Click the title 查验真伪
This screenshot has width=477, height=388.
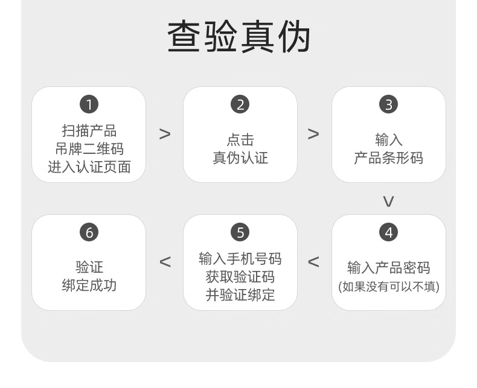point(238,38)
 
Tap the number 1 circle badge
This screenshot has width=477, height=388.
point(89,104)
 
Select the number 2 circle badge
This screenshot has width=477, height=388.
point(240,104)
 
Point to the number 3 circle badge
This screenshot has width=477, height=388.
point(388,104)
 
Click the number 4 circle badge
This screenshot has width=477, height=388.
point(388,232)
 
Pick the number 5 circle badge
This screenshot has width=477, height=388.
point(240,232)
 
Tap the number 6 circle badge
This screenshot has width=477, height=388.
point(89,232)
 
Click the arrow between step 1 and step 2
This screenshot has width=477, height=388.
point(164,134)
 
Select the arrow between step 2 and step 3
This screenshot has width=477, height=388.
point(313,134)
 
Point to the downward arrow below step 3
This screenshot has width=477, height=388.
point(388,201)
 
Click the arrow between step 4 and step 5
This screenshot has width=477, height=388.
point(313,262)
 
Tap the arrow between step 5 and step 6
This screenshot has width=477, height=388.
point(165,262)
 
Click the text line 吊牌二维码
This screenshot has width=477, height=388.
point(89,149)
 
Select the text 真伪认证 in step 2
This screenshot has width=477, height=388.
point(240,158)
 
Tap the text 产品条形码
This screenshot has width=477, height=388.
point(388,158)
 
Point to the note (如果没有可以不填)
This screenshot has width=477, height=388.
point(388,286)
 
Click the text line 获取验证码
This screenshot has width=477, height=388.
point(240,277)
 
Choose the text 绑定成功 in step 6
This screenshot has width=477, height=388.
point(89,285)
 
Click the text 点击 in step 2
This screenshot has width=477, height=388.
point(240,140)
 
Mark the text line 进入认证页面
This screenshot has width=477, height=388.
point(89,167)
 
